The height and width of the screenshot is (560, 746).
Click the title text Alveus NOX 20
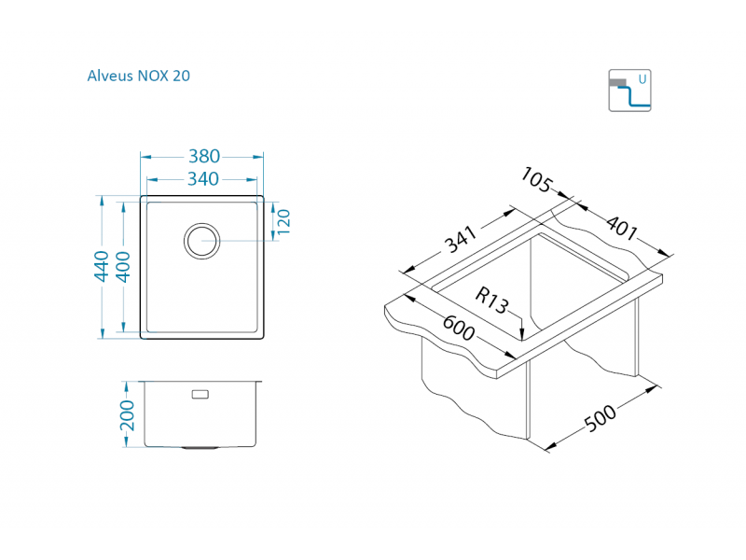pos(138,77)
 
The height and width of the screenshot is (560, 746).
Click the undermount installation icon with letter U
pos(629,91)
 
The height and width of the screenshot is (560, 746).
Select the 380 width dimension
pos(203,157)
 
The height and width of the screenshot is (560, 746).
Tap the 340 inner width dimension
pos(202,178)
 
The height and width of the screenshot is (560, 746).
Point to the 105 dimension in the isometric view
pos(540,180)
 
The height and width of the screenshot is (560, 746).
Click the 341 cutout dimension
pos(461,241)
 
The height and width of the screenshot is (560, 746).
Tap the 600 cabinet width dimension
pos(458,329)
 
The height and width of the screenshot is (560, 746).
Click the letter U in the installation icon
pos(642,80)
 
